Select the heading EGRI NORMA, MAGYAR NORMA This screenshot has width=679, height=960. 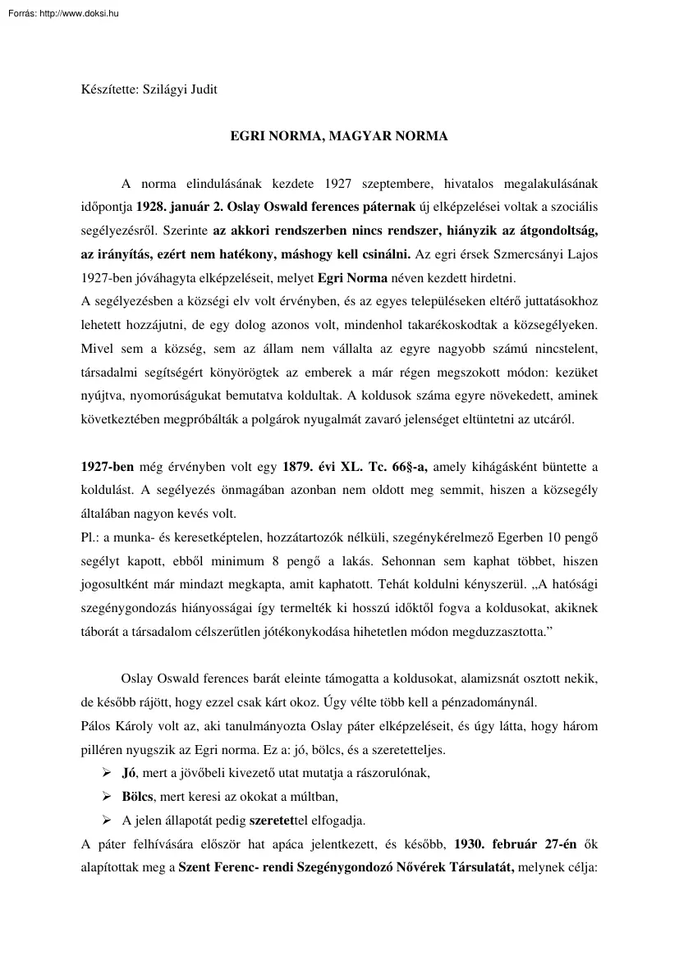[x=339, y=136]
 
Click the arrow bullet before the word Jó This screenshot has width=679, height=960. [x=106, y=774]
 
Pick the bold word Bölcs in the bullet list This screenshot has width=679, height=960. [x=137, y=795]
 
